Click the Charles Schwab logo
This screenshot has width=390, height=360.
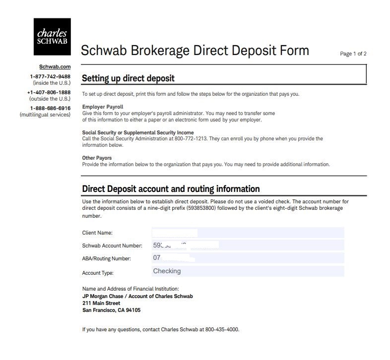[52, 36]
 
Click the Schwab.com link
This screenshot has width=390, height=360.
[55, 66]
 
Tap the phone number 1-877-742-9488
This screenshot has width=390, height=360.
[50, 77]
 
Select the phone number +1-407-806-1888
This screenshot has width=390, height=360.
[49, 92]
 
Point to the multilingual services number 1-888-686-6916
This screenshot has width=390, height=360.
[50, 108]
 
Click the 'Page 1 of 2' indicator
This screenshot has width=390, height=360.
[353, 54]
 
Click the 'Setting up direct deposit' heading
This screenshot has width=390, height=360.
[128, 78]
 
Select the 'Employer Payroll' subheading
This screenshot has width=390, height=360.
[103, 107]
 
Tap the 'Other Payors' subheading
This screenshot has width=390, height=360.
[97, 158]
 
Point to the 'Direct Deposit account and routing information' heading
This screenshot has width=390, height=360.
[171, 189]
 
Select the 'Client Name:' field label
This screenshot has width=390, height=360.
[97, 233]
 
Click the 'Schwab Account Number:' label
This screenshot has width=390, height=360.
[112, 245]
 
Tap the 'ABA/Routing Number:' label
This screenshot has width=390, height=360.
[106, 259]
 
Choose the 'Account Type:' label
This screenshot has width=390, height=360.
[98, 273]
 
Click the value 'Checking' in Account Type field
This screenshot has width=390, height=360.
[167, 271]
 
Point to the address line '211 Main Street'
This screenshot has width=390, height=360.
[101, 303]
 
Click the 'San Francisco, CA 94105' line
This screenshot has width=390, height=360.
[111, 310]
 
